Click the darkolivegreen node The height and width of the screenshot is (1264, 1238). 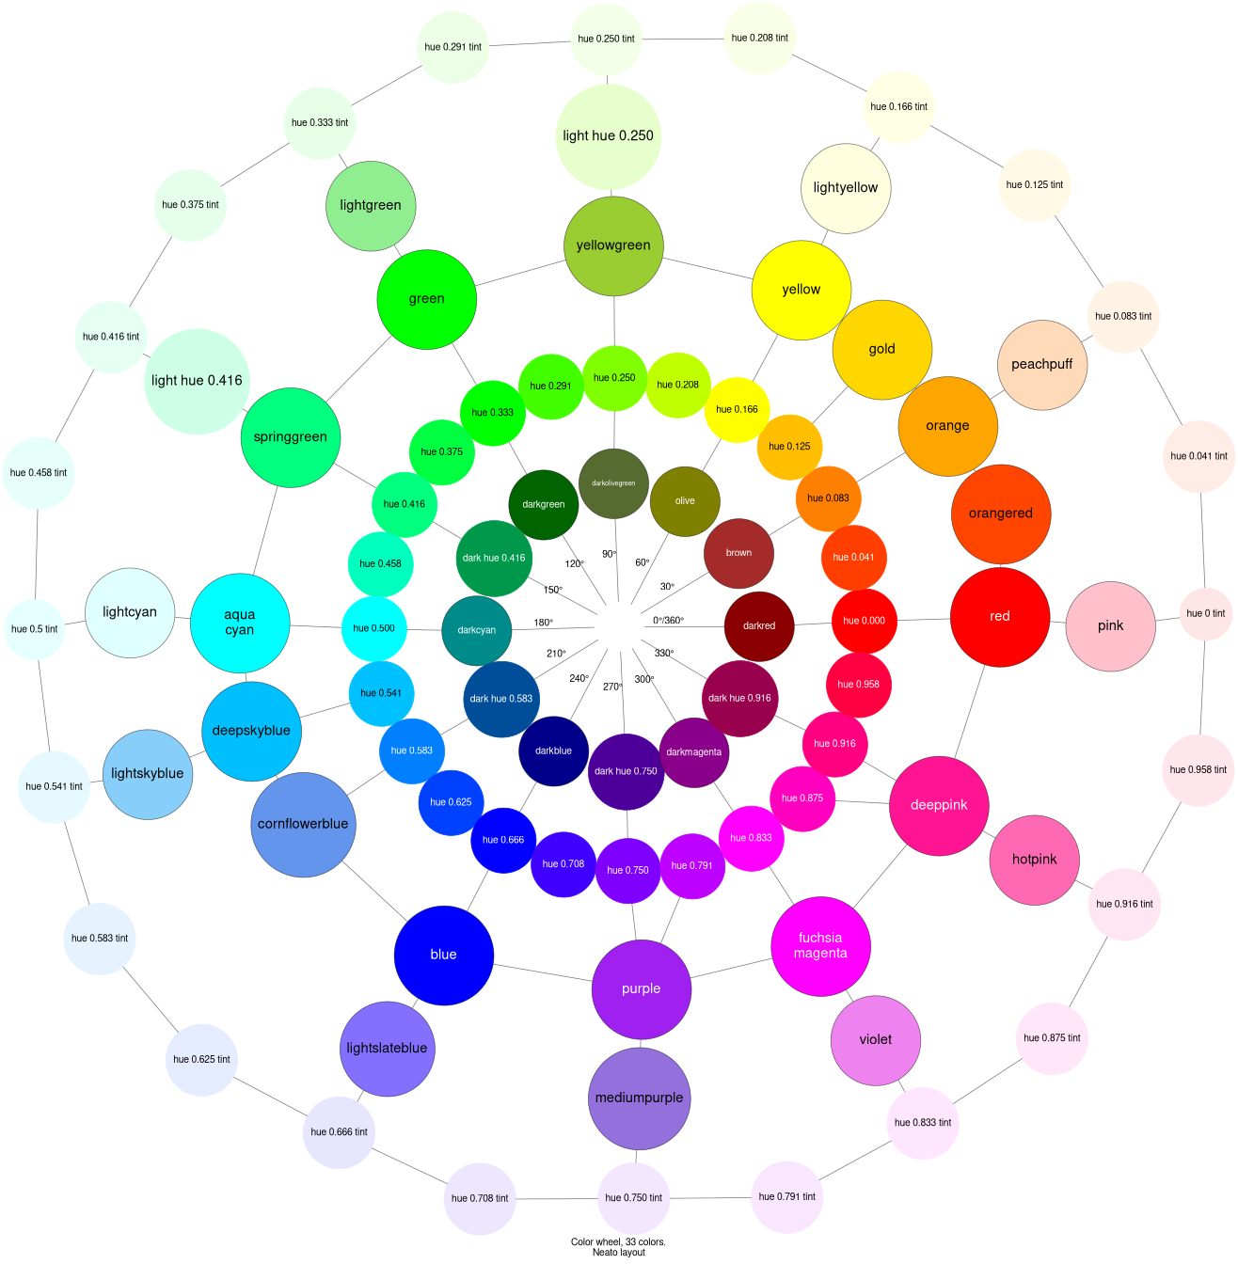613,483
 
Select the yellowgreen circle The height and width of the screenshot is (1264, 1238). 613,246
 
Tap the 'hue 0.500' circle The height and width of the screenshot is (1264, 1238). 374,628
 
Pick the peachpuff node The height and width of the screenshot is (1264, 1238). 1042,365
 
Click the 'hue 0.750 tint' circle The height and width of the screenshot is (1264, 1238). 633,1198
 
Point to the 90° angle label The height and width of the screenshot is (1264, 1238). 610,554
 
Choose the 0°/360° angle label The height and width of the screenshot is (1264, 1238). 668,621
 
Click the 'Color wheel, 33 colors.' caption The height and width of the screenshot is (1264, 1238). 618,1241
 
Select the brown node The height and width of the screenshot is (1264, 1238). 738,553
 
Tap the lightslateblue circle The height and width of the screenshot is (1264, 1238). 388,1049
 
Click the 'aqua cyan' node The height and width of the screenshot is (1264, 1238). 240,623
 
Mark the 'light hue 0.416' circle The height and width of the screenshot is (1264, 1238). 197,381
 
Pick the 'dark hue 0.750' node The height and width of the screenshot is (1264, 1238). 626,771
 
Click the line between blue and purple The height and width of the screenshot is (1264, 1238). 542,972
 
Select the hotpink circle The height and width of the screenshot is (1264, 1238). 1035,860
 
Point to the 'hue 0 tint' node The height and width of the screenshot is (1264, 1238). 1206,614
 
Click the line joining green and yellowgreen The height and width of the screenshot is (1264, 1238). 520,273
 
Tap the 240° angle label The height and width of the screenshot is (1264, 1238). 579,678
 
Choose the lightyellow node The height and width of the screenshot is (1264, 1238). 846,188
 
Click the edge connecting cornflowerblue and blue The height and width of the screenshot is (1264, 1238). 374,891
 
